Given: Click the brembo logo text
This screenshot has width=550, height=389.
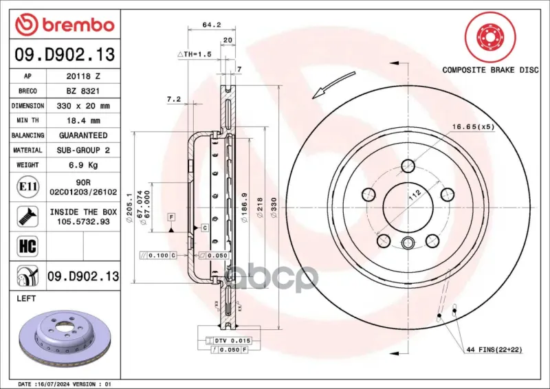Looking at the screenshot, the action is click(x=78, y=25).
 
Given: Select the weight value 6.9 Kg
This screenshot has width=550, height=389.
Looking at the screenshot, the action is click(x=83, y=165).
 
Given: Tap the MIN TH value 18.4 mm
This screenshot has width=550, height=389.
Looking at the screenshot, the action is click(x=83, y=121).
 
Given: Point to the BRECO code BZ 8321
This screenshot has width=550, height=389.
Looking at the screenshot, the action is click(x=83, y=91).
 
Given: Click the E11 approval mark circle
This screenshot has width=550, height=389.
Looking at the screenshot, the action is click(x=27, y=187).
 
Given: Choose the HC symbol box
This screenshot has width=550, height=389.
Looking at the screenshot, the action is click(x=27, y=246).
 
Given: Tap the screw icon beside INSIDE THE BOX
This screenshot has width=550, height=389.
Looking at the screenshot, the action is click(x=27, y=216).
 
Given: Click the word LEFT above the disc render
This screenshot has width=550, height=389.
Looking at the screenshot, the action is click(x=26, y=298).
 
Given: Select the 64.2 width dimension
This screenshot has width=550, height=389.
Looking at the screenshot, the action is click(x=212, y=25).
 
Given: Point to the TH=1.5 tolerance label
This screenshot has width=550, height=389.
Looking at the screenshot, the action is click(x=195, y=54).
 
